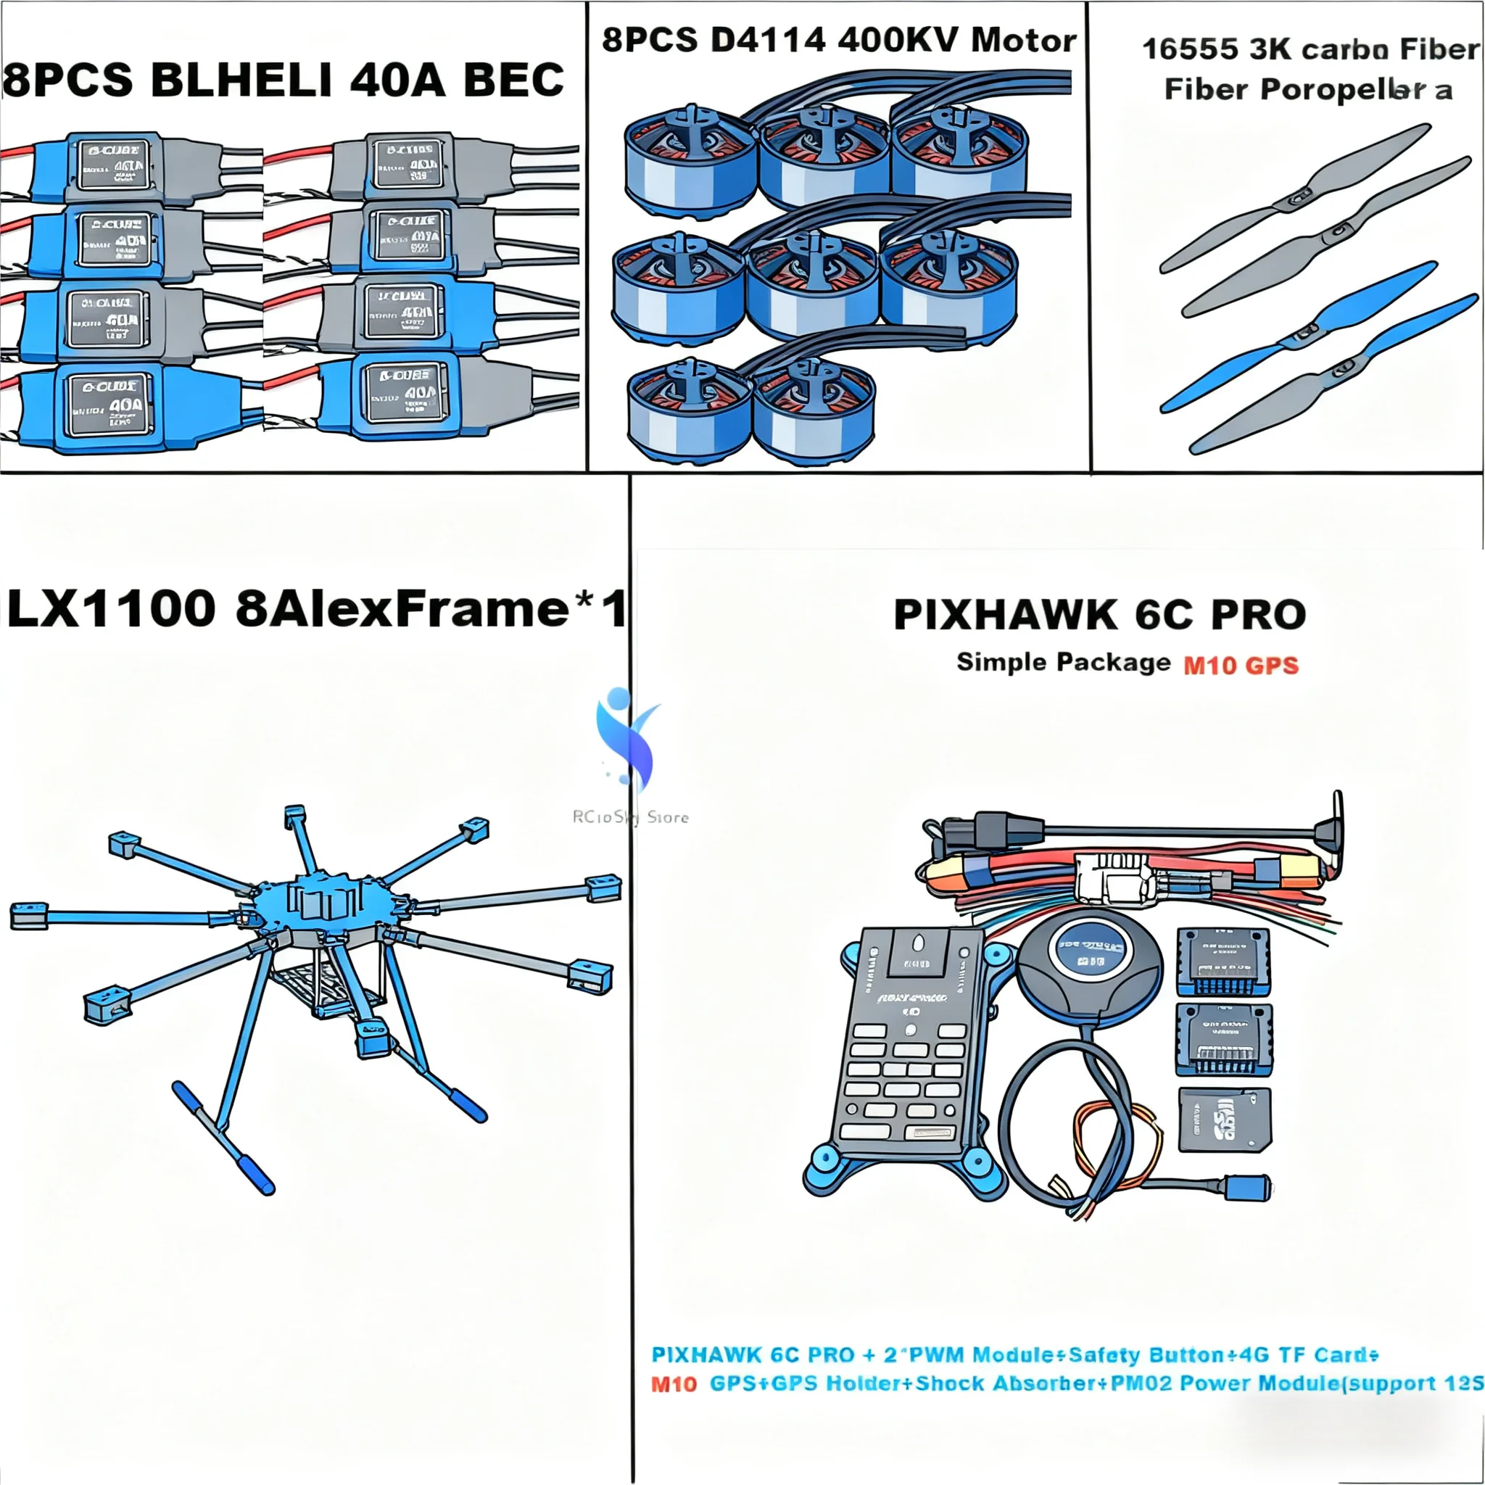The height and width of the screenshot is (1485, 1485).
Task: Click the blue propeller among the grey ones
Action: click(1298, 336)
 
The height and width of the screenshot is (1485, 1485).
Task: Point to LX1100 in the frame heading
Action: click(112, 610)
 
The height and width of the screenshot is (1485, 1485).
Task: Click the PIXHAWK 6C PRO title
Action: click(1100, 615)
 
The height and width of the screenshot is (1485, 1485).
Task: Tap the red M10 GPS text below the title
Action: click(1241, 665)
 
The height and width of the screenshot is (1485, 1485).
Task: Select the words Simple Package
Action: click(1063, 663)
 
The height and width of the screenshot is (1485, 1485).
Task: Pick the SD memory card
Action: click(1224, 1120)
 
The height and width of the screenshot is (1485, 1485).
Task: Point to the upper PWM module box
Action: click(1223, 961)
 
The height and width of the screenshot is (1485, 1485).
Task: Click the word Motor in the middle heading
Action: click(1023, 40)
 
